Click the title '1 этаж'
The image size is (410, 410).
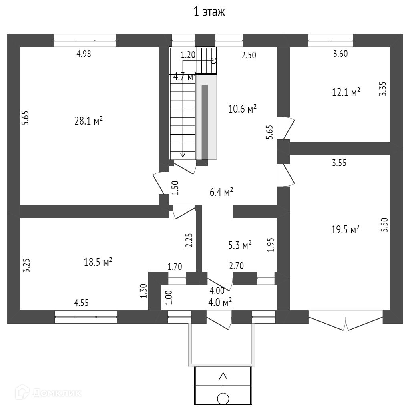point(209,12)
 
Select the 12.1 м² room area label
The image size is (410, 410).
point(346,92)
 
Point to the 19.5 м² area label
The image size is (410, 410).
point(345,230)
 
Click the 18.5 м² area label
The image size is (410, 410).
point(98,262)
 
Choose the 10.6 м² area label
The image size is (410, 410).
point(242,109)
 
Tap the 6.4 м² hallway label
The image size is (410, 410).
point(221,192)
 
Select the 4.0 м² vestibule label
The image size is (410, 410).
point(220,303)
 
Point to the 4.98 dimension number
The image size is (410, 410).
point(84,54)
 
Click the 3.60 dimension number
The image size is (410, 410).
point(340,54)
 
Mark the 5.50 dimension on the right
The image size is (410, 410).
point(384,225)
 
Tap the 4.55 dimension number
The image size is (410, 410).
point(81,303)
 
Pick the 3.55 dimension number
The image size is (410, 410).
point(339,163)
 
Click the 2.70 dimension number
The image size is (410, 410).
point(236,265)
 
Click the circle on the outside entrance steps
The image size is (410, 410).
point(223,398)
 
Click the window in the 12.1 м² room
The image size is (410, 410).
point(330,40)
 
